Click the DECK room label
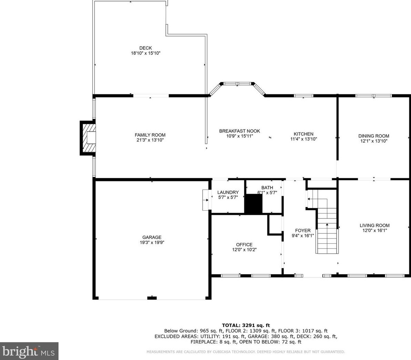(x=145, y=48)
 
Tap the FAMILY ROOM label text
(x=150, y=135)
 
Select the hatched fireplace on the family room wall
(x=88, y=138)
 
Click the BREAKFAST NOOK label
(x=239, y=131)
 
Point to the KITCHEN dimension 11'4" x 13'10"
(x=303, y=139)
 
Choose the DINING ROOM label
(x=373, y=136)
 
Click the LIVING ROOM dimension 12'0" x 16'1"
(x=374, y=231)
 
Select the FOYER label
(x=303, y=231)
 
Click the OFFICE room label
(x=244, y=245)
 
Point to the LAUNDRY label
(x=228, y=192)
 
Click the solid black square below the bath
(x=253, y=204)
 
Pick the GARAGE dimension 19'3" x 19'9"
(x=152, y=242)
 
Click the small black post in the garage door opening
(x=152, y=298)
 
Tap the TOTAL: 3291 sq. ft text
(x=246, y=325)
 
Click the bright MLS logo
(x=29, y=351)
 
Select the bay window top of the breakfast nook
(x=237, y=83)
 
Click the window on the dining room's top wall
(x=373, y=96)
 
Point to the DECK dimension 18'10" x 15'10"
(x=145, y=53)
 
